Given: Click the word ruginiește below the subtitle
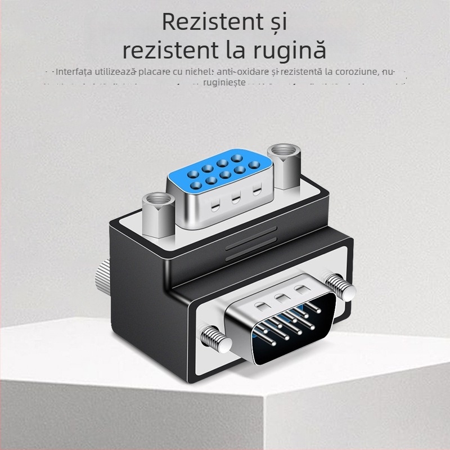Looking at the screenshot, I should pyautogui.click(x=224, y=82).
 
